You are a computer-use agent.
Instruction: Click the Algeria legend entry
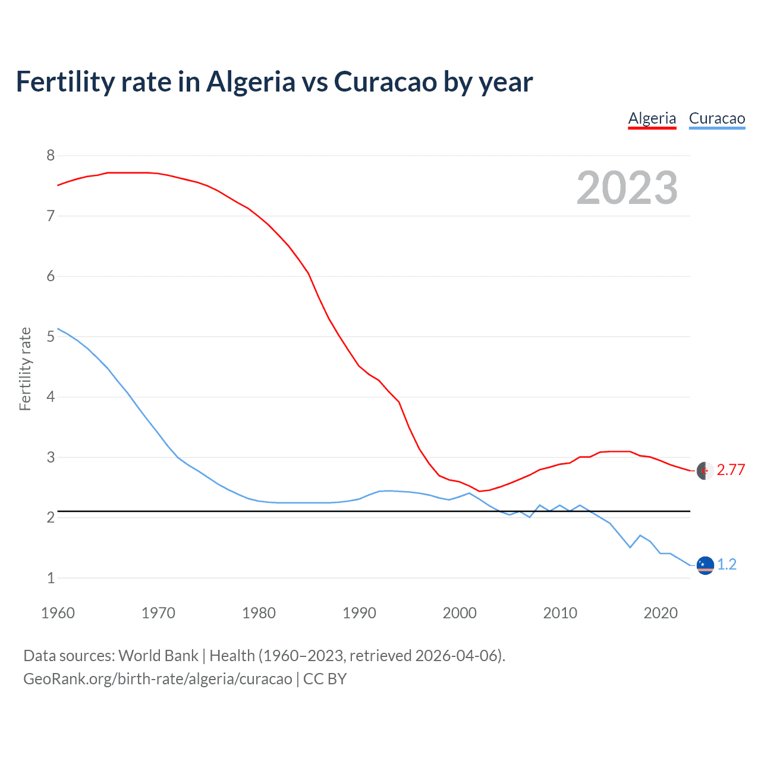[652, 118]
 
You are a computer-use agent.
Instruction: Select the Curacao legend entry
[717, 118]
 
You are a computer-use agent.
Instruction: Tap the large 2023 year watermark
[627, 188]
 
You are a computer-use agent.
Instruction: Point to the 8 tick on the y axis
[51, 156]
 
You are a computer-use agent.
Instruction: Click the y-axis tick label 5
[51, 337]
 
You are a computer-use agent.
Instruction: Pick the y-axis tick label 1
[51, 578]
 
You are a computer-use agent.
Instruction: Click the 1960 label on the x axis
[58, 613]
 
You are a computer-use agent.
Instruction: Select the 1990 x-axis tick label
[359, 613]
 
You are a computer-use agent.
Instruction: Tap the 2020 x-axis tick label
[661, 613]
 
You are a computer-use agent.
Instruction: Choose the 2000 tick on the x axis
[460, 613]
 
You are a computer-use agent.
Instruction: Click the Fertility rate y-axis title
[25, 369]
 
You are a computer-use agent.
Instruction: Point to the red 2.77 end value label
[731, 470]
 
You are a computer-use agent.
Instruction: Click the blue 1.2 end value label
[727, 564]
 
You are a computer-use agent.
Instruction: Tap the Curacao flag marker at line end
[705, 565]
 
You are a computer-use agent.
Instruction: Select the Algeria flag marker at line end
[705, 470]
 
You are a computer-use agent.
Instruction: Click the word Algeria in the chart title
[250, 81]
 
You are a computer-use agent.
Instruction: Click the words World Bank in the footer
[158, 656]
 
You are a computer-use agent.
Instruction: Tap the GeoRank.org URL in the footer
[158, 679]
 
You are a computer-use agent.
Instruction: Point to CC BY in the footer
[325, 679]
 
